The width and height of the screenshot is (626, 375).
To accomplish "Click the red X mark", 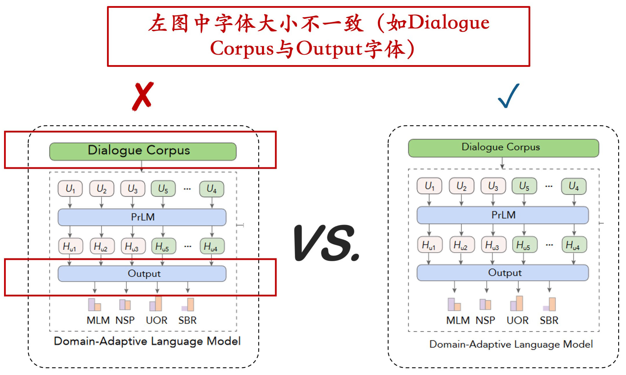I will [x=143, y=96].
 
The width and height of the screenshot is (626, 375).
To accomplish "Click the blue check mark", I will [x=508, y=96].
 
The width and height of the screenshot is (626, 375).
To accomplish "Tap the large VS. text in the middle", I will [x=327, y=243].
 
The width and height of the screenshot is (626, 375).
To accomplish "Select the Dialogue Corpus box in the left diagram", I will [x=143, y=151].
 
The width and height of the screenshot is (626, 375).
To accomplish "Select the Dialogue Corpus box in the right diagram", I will [x=503, y=148].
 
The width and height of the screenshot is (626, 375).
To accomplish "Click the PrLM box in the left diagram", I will [x=142, y=217].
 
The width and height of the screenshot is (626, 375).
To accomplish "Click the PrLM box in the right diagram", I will [x=503, y=215].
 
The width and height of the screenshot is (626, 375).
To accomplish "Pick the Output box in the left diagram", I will [x=142, y=274].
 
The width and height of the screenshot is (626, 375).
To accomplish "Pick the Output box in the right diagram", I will [x=503, y=273].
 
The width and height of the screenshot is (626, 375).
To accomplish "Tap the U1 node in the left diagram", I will [x=70, y=189].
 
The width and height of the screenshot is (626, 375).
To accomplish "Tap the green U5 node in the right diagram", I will [x=524, y=186].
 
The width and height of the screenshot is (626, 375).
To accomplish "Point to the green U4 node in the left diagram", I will [x=211, y=189].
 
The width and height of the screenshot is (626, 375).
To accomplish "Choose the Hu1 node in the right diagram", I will [x=430, y=245].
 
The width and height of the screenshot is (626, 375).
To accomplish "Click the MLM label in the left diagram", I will [x=98, y=320].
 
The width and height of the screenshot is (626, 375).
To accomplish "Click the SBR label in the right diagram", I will [x=549, y=320].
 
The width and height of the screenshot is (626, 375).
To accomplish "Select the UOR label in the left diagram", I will [x=156, y=320].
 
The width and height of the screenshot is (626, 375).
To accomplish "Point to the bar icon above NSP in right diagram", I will [x=485, y=304].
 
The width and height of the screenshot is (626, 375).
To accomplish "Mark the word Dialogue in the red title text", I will [x=449, y=23].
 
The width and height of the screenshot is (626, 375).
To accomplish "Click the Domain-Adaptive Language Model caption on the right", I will [x=511, y=344].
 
